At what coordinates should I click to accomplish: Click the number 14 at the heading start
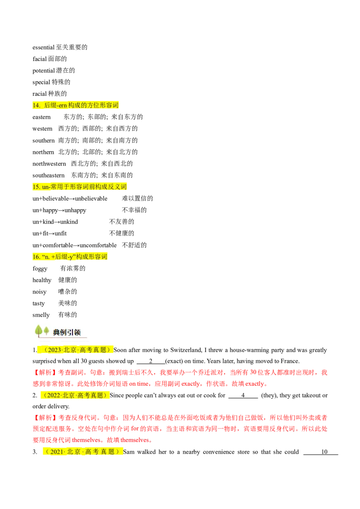click(36, 106)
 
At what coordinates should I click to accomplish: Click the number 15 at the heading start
click(36, 186)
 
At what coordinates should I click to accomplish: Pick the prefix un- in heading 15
click(46, 186)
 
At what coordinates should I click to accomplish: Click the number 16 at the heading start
click(36, 257)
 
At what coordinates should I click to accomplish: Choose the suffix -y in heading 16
click(70, 257)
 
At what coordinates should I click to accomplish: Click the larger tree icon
click(39, 331)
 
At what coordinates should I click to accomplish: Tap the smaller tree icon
click(46, 332)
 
